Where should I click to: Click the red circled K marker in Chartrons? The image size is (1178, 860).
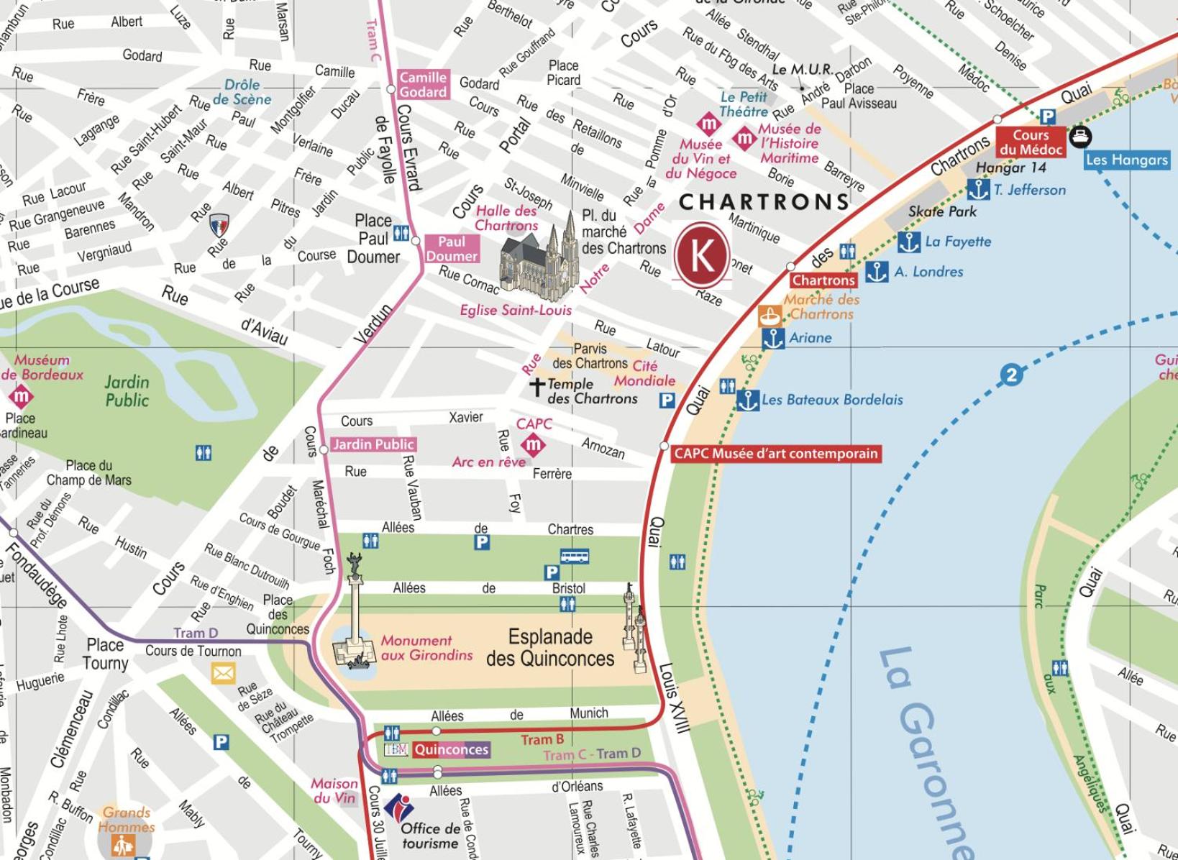tap(702, 255)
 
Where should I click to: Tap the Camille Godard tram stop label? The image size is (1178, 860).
tap(423, 85)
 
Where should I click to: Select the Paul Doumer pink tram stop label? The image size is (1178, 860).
tap(452, 249)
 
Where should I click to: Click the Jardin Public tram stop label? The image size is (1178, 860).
tap(373, 444)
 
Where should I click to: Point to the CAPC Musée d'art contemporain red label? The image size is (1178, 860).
tap(775, 454)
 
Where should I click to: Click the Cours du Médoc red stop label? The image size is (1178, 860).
tap(1031, 142)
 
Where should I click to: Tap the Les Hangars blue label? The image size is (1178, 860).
tap(1126, 160)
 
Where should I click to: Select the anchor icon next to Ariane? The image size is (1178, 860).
tap(773, 338)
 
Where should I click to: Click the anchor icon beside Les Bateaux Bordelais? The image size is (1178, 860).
tap(748, 400)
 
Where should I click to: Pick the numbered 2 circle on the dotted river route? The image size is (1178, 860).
tap(1012, 375)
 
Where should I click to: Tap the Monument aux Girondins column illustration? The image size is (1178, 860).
tap(355, 618)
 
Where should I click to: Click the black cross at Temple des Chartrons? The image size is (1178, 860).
tap(537, 386)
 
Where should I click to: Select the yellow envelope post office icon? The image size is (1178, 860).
tap(223, 674)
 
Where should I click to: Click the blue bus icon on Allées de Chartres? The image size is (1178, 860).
tap(574, 556)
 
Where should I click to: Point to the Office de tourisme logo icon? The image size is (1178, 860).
tap(400, 808)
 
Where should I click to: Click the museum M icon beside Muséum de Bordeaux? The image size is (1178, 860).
tap(20, 395)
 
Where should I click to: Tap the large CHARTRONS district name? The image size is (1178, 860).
tap(764, 202)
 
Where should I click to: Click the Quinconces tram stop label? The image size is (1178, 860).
tap(452, 750)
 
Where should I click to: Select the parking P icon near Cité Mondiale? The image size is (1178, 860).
tap(667, 401)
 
